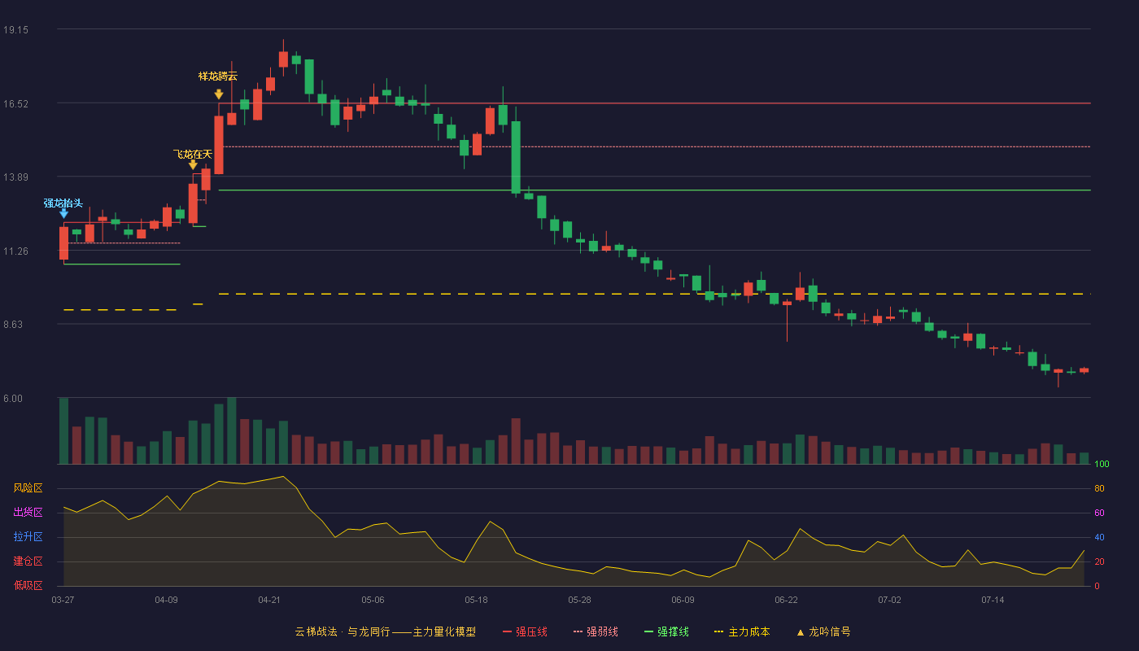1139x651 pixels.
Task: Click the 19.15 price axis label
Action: click(x=15, y=30)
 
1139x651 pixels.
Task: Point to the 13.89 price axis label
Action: click(x=15, y=177)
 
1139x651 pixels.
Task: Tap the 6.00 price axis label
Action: click(x=13, y=399)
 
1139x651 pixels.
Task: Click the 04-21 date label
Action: click(x=269, y=601)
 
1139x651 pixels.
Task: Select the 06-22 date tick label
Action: click(x=786, y=601)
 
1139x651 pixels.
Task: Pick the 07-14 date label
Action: click(x=993, y=601)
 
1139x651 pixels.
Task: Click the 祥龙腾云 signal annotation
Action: click(x=218, y=76)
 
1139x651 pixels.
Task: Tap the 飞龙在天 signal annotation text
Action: click(x=192, y=154)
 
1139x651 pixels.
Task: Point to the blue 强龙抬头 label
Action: click(x=63, y=203)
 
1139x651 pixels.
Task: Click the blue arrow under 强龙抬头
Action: click(x=63, y=213)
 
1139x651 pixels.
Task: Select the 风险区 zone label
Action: click(x=28, y=488)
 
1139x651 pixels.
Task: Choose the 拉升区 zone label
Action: click(x=28, y=537)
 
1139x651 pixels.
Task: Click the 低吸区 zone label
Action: click(x=28, y=586)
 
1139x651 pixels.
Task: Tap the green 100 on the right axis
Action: click(x=1102, y=464)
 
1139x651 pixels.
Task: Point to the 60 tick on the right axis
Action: click(x=1099, y=513)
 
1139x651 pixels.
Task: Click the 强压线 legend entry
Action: click(x=525, y=631)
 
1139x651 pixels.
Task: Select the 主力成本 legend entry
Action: click(x=742, y=631)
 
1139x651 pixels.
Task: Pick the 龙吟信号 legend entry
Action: click(x=823, y=631)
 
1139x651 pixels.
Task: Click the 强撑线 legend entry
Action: click(x=666, y=631)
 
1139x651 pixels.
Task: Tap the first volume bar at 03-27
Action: click(x=63, y=430)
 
